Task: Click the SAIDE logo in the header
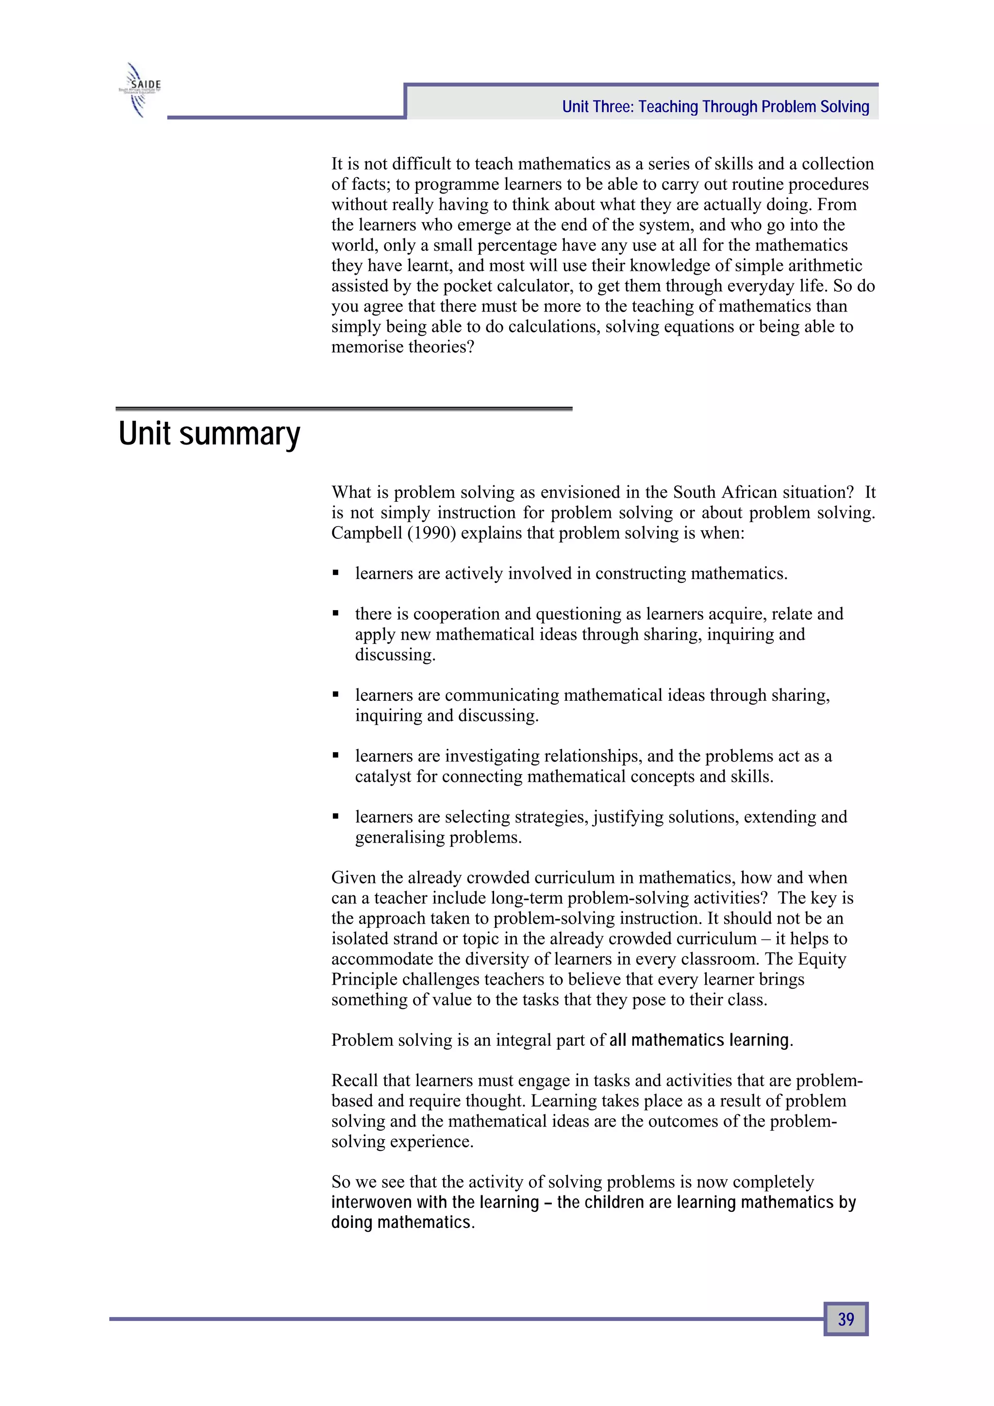pyautogui.click(x=140, y=90)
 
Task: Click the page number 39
pyautogui.click(x=846, y=1319)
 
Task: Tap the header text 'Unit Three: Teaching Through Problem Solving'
pyautogui.click(x=715, y=107)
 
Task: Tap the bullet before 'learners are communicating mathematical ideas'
pyautogui.click(x=335, y=695)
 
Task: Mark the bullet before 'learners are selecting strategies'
pyautogui.click(x=335, y=817)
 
